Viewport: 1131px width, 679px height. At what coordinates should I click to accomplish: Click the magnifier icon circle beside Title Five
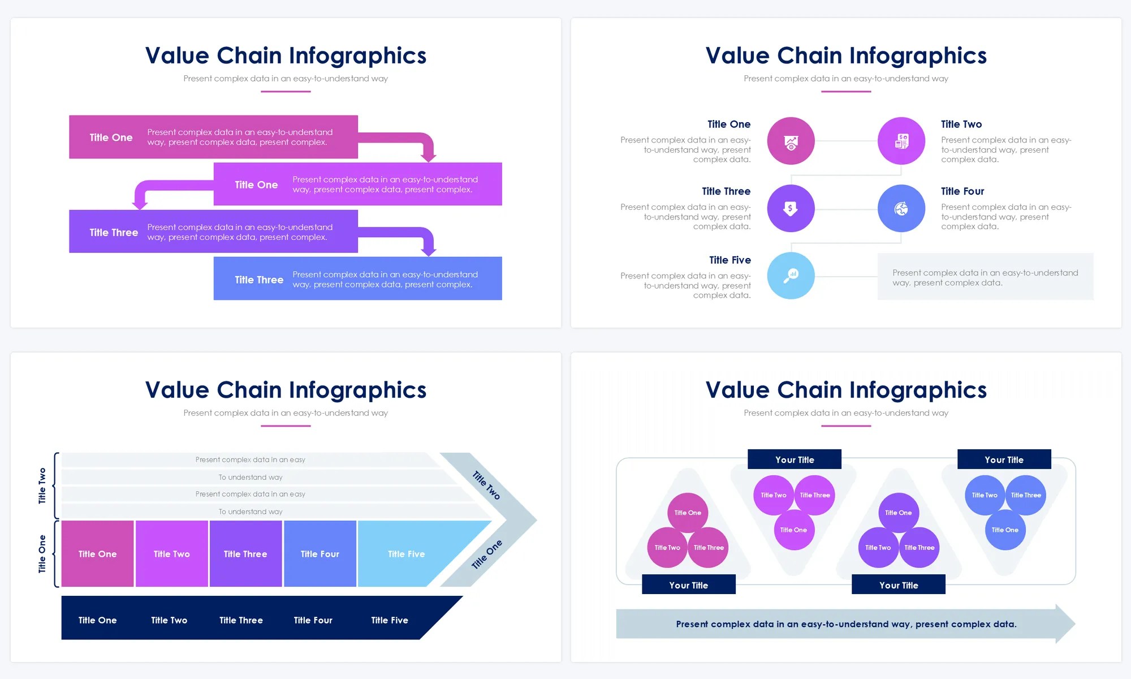point(791,276)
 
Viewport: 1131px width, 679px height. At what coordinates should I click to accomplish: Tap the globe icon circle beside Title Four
point(901,209)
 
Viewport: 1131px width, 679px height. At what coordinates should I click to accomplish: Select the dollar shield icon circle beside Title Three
point(791,209)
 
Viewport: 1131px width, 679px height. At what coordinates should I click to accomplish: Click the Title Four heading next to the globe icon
point(962,191)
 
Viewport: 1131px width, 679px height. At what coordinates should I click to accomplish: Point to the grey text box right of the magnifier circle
point(985,277)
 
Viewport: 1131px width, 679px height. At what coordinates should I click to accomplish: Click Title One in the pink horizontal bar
point(111,137)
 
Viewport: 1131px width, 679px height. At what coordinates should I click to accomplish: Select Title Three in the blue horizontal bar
point(259,280)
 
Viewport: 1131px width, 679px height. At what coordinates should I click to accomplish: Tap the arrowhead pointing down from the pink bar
point(429,154)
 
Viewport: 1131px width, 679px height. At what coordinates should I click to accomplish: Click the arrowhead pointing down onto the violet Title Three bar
point(140,203)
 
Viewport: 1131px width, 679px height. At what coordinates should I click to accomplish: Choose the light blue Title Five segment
point(406,554)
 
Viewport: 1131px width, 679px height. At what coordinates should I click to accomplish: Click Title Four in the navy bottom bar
point(313,620)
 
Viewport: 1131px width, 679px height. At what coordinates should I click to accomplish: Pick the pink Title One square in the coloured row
point(97,554)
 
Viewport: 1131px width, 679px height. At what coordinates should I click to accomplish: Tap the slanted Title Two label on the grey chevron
point(486,485)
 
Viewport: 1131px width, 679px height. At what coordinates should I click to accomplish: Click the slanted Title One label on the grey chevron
point(486,555)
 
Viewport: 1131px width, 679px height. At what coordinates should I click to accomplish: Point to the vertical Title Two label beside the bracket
point(42,485)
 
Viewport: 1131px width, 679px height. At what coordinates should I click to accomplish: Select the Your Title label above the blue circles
point(1004,459)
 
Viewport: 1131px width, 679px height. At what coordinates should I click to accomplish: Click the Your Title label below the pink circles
point(688,585)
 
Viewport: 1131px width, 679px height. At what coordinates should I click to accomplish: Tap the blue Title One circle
point(1005,530)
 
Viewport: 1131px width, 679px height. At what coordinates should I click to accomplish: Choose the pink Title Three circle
point(708,548)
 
